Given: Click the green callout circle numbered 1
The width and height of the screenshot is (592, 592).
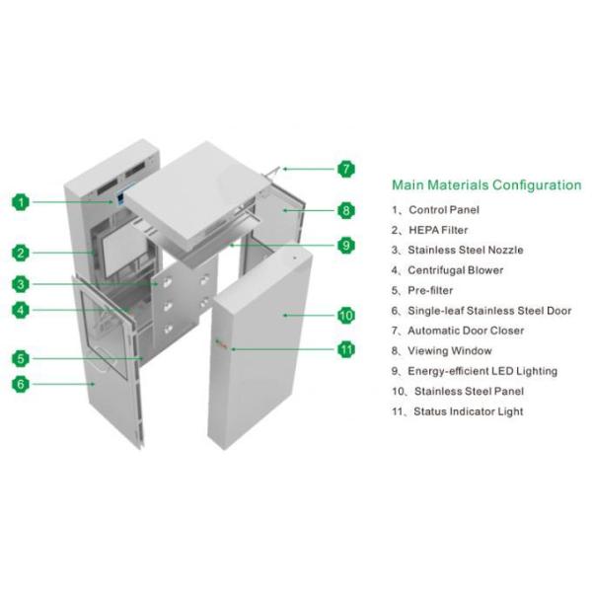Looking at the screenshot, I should (21, 202).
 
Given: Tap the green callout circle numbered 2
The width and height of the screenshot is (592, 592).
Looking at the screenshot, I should (21, 253).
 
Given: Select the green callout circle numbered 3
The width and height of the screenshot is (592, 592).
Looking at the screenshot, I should (21, 285).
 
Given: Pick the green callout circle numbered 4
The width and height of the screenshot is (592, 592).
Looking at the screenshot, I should (21, 311).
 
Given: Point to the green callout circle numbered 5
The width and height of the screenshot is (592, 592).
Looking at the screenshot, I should (21, 358).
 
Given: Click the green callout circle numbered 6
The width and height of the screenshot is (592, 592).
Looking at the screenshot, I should (21, 384).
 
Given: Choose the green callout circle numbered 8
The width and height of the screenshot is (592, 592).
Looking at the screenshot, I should (345, 210).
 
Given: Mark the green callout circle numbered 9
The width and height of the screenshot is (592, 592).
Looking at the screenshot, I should (345, 246).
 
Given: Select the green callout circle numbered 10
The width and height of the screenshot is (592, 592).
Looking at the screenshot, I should (345, 316).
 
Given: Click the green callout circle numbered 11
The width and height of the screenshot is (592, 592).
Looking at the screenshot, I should (345, 348).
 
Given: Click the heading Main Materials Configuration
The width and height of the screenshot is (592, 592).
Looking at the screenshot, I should (486, 185).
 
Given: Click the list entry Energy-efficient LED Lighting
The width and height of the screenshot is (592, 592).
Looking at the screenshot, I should (475, 371).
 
